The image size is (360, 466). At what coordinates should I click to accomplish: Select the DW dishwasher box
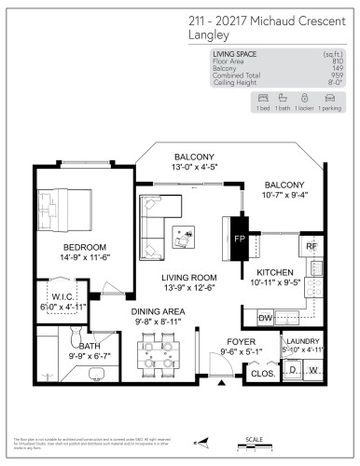[x=264, y=319]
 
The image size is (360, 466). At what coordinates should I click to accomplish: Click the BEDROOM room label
[x=62, y=246]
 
